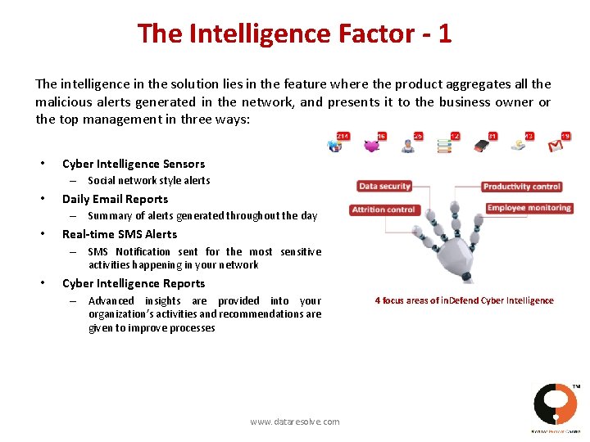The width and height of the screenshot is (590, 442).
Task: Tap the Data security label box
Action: coord(384,187)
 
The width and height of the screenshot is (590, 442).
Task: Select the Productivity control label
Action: coord(522,187)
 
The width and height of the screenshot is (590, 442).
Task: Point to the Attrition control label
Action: coord(383,210)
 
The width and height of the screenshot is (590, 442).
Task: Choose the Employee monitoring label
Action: coord(529,208)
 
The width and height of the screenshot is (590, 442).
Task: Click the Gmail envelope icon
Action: coord(556,147)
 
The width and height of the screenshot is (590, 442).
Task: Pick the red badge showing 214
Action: coord(343,136)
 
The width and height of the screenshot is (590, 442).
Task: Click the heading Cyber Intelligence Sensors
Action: coord(134,164)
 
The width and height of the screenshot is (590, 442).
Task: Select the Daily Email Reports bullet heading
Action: coord(115,199)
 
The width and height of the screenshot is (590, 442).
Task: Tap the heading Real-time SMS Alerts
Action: coord(120,234)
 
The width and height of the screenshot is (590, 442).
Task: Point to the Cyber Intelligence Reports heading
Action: coord(134,283)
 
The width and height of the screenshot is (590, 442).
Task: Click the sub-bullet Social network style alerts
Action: coord(149,180)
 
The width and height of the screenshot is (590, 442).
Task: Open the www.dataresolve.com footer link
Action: coord(295,422)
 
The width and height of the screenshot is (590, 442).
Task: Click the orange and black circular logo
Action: coord(555,403)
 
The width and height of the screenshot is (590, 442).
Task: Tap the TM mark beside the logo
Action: coord(576,386)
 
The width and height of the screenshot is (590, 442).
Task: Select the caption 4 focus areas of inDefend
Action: coord(464,300)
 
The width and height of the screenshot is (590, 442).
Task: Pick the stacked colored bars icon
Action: coord(444,147)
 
